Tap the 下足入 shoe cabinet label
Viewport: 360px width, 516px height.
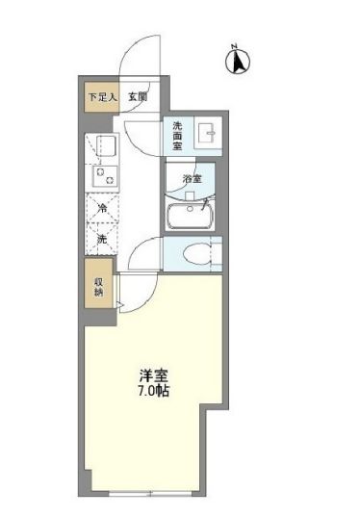(100, 96)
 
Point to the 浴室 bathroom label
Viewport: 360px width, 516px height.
(193, 178)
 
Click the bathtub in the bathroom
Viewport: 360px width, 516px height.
(193, 216)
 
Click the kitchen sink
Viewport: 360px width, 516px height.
(103, 146)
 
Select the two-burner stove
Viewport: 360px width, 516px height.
(102, 176)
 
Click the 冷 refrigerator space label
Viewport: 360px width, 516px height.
(102, 207)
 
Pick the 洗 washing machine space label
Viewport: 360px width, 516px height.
(102, 238)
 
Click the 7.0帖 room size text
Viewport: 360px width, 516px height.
(153, 393)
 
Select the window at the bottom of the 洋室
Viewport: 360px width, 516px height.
(144, 494)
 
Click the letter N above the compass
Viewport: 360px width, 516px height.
(234, 45)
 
